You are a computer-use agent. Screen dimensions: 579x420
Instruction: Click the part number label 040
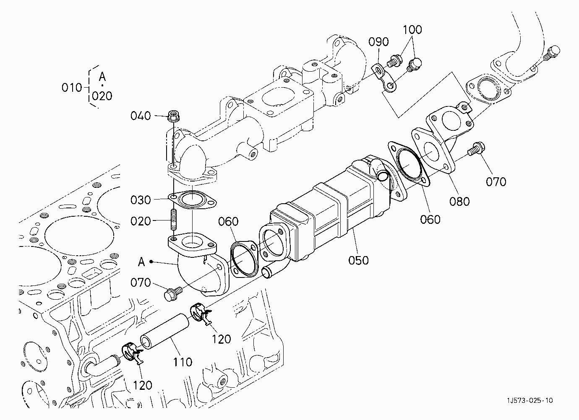(x=141, y=116)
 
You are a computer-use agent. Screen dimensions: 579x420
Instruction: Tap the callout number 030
(x=141, y=200)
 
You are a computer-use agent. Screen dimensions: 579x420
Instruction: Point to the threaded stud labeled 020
(x=174, y=219)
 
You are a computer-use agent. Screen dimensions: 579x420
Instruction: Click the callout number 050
(x=358, y=260)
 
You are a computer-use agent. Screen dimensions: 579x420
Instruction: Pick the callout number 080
(x=459, y=202)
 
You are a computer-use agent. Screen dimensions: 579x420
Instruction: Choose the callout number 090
(x=378, y=42)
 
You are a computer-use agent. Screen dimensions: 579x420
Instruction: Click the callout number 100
(x=412, y=30)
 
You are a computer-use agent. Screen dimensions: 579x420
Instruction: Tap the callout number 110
(x=183, y=363)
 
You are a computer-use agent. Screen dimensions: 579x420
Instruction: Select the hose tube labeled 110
(x=164, y=331)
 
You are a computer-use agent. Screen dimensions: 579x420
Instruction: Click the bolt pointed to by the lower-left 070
(x=173, y=294)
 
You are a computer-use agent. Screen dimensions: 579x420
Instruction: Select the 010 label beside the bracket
(x=72, y=88)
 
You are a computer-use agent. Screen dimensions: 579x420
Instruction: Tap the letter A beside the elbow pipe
(x=141, y=262)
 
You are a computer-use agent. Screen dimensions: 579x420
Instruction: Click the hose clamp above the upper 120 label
(x=201, y=313)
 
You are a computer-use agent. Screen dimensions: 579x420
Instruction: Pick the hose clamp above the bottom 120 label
(x=132, y=353)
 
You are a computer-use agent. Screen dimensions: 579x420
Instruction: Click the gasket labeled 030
(x=192, y=200)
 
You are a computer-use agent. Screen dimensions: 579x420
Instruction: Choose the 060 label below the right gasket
(x=430, y=220)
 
